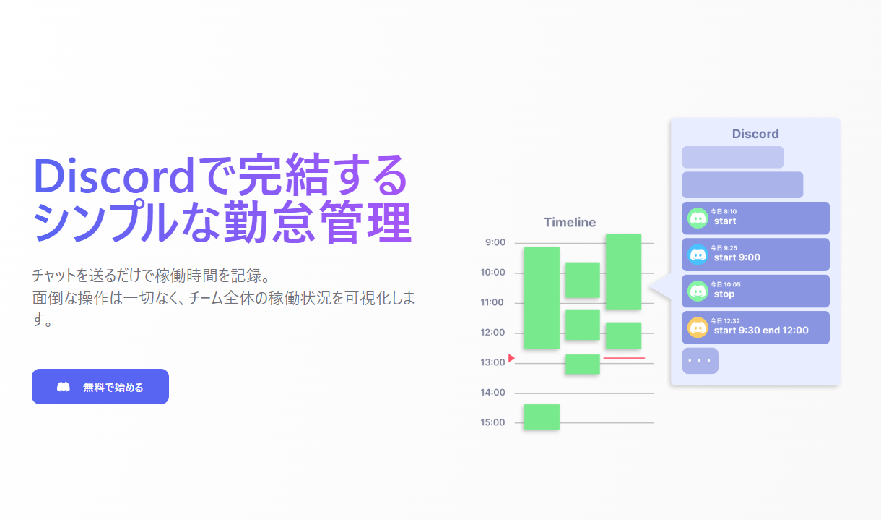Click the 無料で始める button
point(100,386)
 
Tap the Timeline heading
point(570,222)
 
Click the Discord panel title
point(755,134)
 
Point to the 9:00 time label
point(495,242)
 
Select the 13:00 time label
point(492,362)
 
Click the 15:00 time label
point(492,422)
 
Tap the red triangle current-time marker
point(511,358)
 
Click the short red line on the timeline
point(624,358)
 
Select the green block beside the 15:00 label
point(542,417)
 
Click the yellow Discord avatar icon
point(698,328)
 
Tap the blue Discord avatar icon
point(698,255)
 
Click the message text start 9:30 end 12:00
point(761,330)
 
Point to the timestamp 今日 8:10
point(724,212)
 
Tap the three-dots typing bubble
point(700,360)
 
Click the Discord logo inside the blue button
point(64,387)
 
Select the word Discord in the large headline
point(113,176)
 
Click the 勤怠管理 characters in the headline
point(318,222)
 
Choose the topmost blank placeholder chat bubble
point(733,157)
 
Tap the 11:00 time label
point(492,302)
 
